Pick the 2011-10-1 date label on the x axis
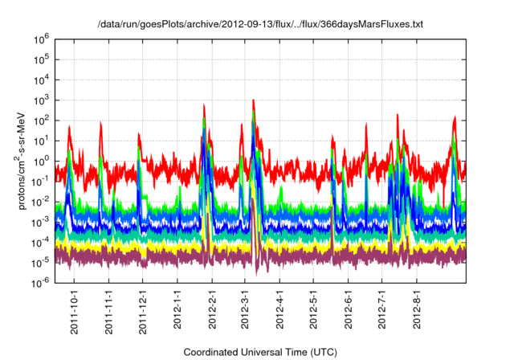[74, 310]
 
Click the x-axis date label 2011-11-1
[108, 310]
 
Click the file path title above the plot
[259, 24]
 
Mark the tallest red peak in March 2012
[254, 100]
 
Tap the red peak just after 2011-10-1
[70, 126]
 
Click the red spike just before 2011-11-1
[100, 123]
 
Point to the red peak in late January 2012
[203, 104]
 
